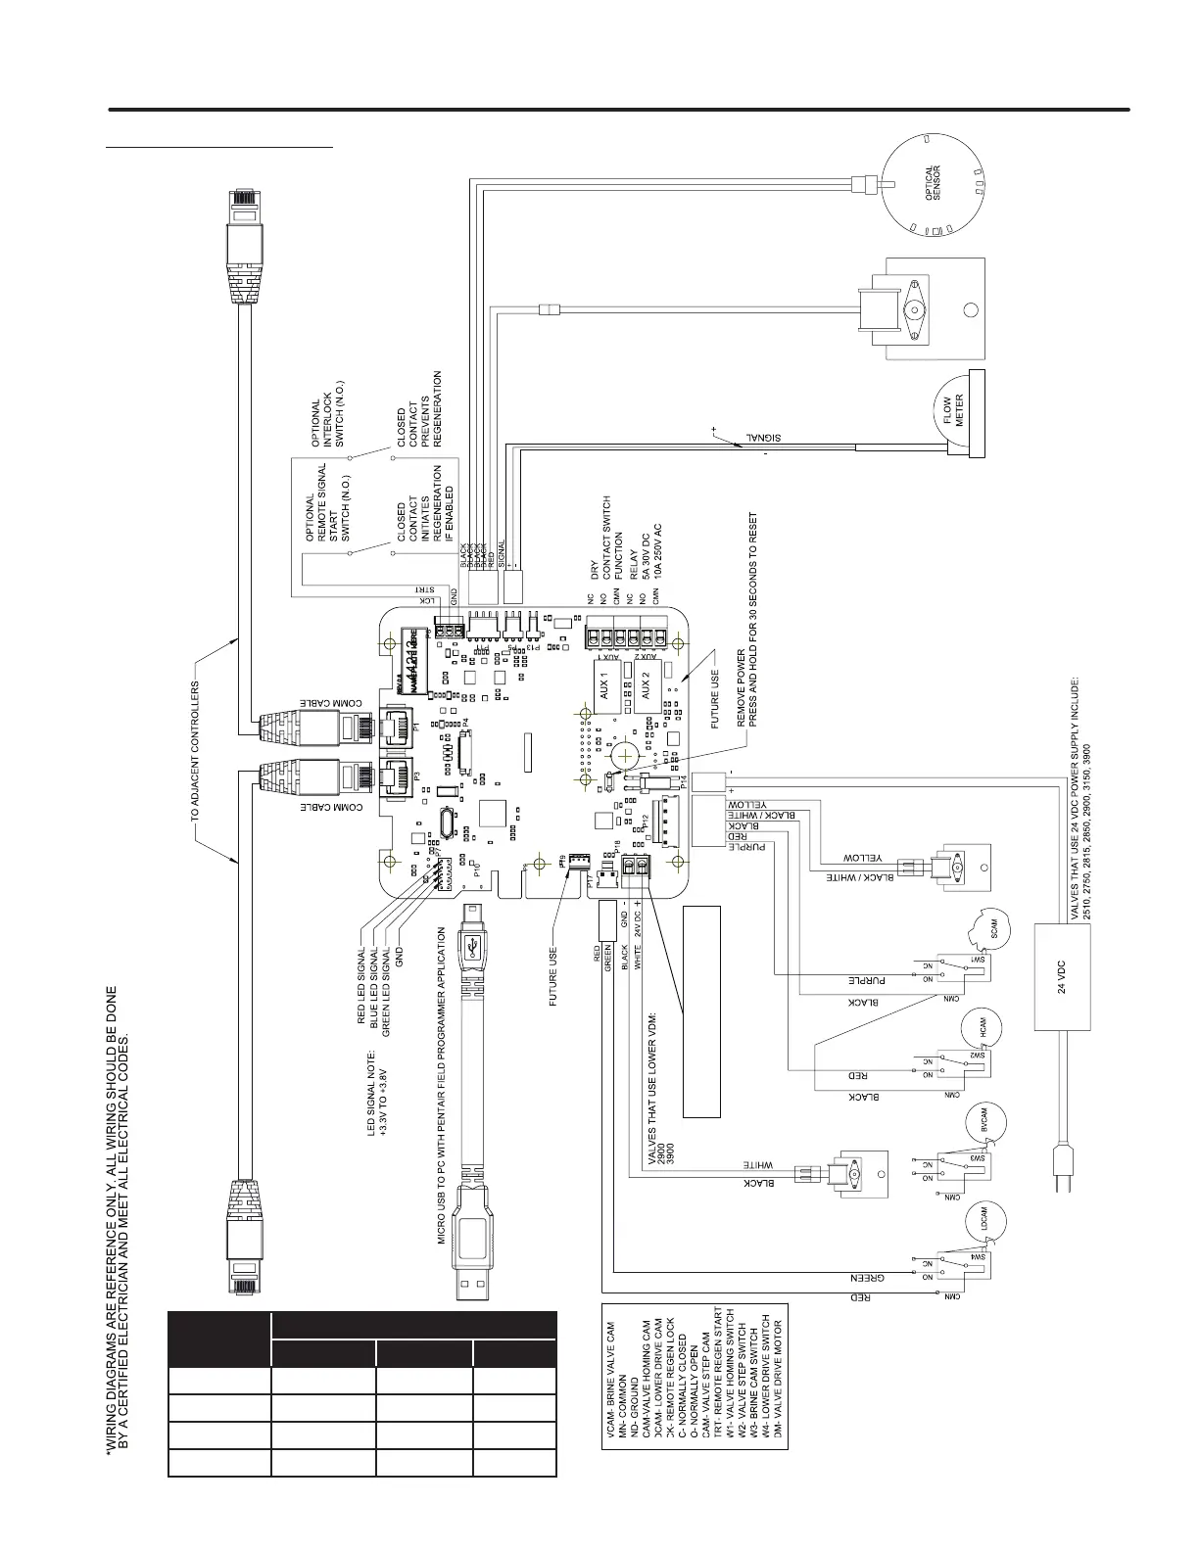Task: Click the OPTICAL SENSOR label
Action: click(934, 182)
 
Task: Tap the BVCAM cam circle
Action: click(986, 1120)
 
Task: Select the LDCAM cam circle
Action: click(986, 1218)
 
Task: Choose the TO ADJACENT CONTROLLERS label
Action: click(196, 751)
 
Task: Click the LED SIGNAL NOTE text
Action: click(377, 1093)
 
